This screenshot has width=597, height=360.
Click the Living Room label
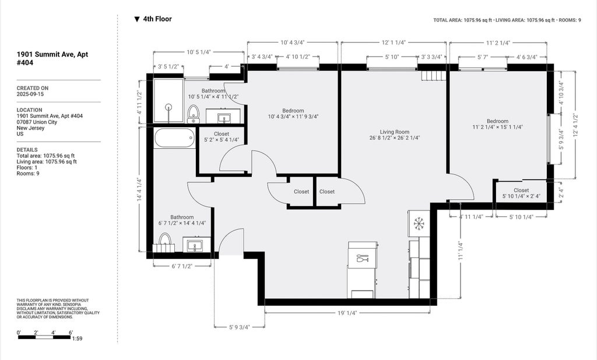point(395,132)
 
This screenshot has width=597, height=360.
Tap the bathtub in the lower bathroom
point(175,138)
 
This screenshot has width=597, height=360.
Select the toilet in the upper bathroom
point(194,114)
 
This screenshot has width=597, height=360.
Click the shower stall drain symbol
point(168,107)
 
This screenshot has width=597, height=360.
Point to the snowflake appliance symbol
point(419,223)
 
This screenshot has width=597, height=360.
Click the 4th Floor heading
point(153,19)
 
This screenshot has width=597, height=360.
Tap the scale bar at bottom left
point(44,337)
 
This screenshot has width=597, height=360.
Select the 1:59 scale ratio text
point(78,338)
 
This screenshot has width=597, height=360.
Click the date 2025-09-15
point(30,94)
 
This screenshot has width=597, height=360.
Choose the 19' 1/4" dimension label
point(347,313)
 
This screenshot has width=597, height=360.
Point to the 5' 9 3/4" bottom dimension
point(240,327)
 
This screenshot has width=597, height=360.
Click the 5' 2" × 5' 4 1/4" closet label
point(222,140)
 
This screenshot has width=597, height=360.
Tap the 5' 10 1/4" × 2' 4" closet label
point(521,196)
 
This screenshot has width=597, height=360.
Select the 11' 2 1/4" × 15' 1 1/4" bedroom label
point(498,127)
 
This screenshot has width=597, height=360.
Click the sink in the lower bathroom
point(196,244)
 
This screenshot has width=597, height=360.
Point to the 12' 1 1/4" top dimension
point(394,43)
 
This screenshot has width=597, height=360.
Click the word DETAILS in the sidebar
point(27,150)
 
